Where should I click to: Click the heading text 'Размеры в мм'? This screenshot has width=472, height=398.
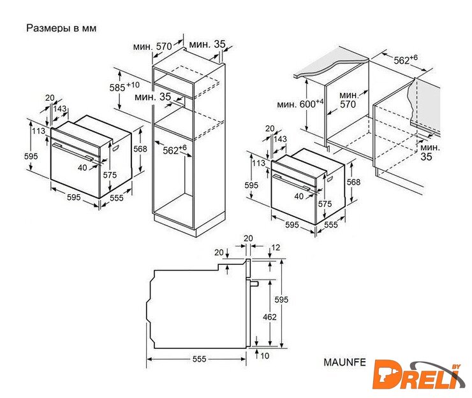(61, 28)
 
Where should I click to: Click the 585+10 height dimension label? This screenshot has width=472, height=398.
(124, 87)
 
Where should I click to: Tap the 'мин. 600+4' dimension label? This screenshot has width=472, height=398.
(300, 104)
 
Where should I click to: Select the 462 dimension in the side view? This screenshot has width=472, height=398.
(269, 317)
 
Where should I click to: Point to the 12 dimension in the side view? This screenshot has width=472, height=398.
(276, 248)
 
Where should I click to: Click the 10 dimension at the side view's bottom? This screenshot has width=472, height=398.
(265, 356)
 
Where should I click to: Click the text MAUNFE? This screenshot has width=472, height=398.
(344, 362)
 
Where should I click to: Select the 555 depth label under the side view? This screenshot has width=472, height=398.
(199, 359)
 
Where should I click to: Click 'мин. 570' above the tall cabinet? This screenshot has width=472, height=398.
(152, 46)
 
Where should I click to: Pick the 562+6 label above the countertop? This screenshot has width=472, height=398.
(406, 59)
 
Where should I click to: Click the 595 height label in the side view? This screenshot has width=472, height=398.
(281, 299)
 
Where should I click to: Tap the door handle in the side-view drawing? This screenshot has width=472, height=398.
(253, 283)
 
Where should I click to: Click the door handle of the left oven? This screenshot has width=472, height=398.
(73, 151)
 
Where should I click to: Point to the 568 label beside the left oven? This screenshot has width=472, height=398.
(140, 149)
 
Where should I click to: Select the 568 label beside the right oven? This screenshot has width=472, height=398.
(353, 182)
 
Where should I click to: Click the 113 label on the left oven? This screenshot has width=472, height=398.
(38, 131)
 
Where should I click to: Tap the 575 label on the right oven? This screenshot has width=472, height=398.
(325, 204)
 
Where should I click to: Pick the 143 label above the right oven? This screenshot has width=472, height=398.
(280, 139)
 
